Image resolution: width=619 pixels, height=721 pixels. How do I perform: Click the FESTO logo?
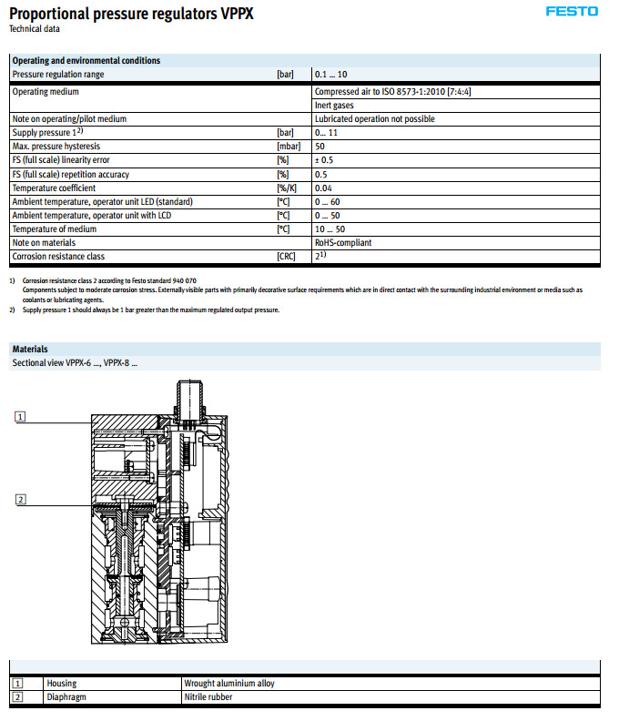tap(572, 12)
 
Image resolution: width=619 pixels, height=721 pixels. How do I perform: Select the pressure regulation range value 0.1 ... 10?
tap(332, 74)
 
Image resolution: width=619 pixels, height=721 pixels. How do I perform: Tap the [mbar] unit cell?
tap(288, 147)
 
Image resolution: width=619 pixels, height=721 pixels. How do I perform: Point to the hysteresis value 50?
tap(320, 147)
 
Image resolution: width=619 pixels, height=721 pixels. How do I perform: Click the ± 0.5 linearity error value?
tap(323, 160)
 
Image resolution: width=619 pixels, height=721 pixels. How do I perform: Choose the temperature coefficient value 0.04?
tap(322, 188)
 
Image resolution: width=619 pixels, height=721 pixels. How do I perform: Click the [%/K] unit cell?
tap(287, 188)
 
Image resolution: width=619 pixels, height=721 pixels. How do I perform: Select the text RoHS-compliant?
tap(342, 243)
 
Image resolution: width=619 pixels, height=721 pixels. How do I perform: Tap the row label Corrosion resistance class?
tap(58, 257)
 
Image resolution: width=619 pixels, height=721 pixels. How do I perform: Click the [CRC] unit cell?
tap(287, 257)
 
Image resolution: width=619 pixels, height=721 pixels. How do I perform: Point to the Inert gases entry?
tap(334, 106)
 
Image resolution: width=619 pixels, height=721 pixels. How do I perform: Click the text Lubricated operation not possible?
tap(374, 119)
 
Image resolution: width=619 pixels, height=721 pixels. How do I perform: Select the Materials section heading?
tap(30, 349)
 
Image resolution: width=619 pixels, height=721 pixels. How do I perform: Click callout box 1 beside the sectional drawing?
tap(20, 416)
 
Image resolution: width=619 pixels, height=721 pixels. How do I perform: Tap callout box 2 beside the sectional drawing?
tap(20, 498)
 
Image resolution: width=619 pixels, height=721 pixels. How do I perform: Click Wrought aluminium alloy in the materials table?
tap(228, 683)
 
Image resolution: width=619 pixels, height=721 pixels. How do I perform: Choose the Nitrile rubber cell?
tap(208, 697)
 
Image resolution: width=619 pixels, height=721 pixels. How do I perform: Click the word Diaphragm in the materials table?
tap(66, 697)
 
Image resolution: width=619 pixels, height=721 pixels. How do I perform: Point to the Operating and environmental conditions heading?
tap(86, 60)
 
